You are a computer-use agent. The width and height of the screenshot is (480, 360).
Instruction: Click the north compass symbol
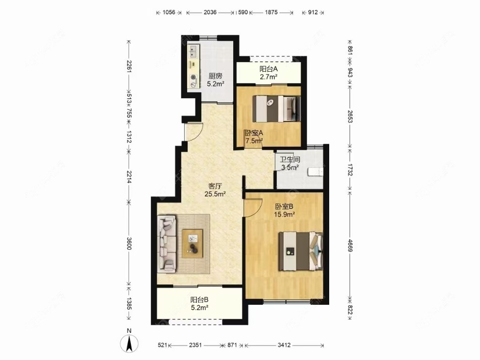[x=129, y=343]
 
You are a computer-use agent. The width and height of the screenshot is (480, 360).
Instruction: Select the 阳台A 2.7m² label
[x=269, y=73]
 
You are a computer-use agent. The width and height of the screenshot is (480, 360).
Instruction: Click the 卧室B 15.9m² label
[x=284, y=210]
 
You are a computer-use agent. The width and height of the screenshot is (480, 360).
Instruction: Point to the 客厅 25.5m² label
[x=215, y=190]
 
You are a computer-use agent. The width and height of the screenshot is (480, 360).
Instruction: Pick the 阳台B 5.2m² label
[x=200, y=304]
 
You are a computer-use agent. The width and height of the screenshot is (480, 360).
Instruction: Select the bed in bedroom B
[x=301, y=251]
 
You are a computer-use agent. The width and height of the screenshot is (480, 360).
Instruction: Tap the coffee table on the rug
[x=192, y=243]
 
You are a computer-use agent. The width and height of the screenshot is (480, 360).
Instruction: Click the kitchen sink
[x=193, y=52]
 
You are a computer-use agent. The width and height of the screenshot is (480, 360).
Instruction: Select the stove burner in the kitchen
[x=193, y=78]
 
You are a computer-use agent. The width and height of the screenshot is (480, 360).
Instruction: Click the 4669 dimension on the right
[x=350, y=245]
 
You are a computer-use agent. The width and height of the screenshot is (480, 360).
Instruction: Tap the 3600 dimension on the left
[x=129, y=243]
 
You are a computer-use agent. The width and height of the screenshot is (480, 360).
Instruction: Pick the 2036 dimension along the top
[x=210, y=12]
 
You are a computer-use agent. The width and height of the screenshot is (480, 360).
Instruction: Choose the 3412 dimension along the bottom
[x=284, y=345]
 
